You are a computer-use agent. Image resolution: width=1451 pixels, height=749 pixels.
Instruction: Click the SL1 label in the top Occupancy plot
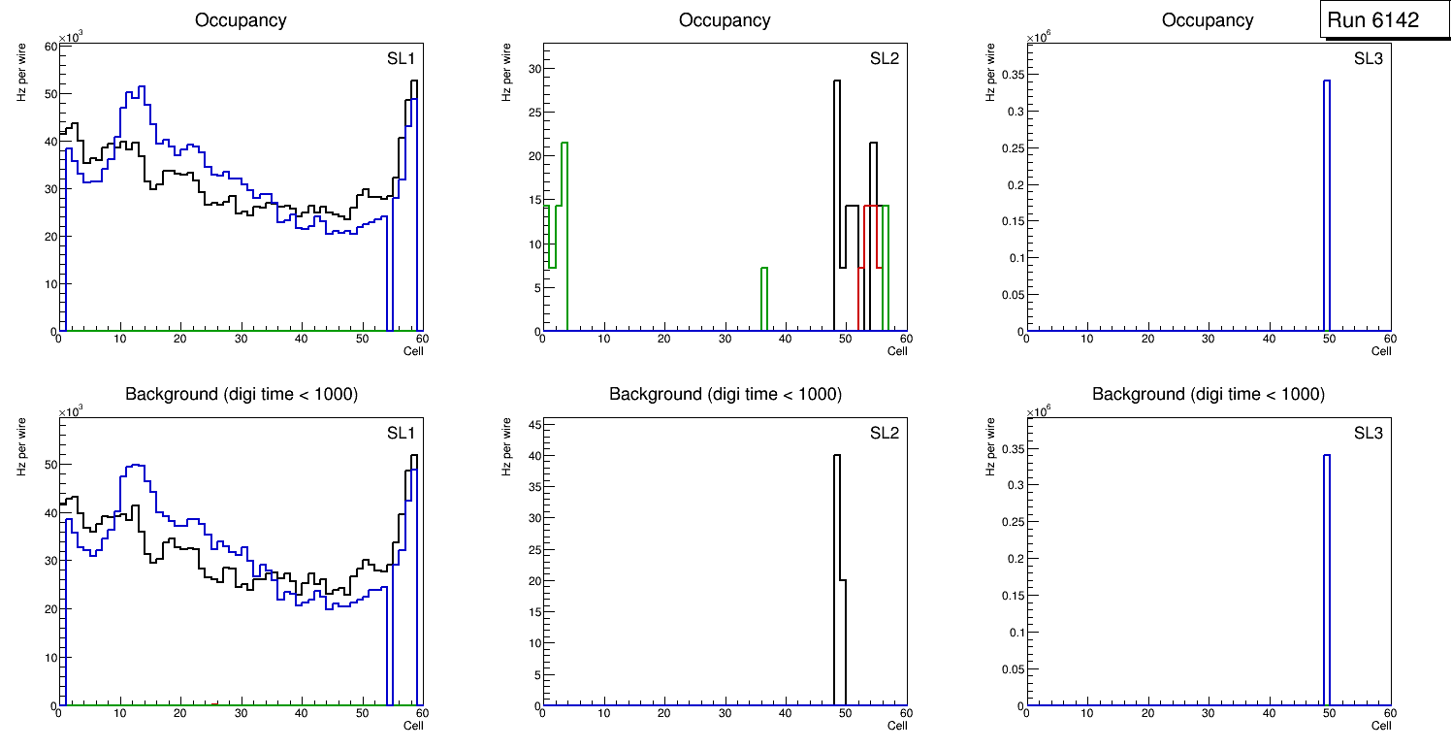pyautogui.click(x=402, y=58)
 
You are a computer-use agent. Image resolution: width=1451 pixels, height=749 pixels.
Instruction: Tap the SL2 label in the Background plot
pyautogui.click(x=884, y=432)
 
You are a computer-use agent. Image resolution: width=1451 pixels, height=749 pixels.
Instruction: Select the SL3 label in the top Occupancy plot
pyautogui.click(x=1368, y=58)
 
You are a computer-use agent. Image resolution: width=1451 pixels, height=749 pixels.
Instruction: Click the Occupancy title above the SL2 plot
pyautogui.click(x=725, y=19)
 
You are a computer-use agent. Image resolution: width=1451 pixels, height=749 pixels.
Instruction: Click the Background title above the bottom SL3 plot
pyautogui.click(x=1208, y=394)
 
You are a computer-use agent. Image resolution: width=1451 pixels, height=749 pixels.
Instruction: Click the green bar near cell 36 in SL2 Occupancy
pyautogui.click(x=764, y=299)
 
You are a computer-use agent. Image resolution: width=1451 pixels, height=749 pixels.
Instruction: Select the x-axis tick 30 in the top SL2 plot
pyautogui.click(x=725, y=339)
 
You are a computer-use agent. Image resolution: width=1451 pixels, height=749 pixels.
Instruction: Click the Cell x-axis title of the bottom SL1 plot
pyautogui.click(x=413, y=725)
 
